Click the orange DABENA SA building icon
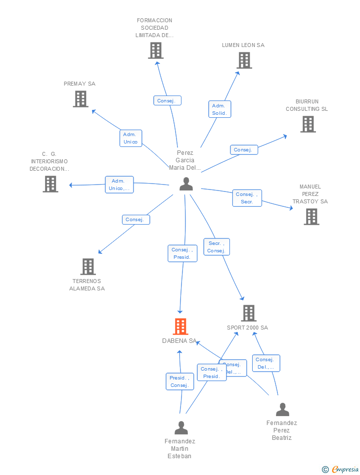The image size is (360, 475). (x=180, y=327)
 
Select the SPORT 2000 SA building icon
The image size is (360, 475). (x=248, y=313)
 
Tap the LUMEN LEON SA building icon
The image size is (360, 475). (x=244, y=60)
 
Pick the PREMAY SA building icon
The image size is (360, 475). (x=80, y=99)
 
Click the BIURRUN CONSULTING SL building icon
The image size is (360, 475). (x=308, y=124)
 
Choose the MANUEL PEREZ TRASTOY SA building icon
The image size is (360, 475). (x=311, y=216)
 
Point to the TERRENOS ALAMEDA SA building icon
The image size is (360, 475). (x=88, y=266)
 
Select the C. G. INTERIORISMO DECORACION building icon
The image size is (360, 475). (x=50, y=184)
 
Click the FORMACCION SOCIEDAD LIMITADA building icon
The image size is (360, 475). (x=155, y=50)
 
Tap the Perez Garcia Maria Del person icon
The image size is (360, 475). (x=186, y=184)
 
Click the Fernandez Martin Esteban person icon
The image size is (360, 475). (x=181, y=427)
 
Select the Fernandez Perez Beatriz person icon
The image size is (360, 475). (x=282, y=410)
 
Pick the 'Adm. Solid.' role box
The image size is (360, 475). (x=220, y=109)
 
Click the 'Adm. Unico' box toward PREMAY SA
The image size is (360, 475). (x=131, y=138)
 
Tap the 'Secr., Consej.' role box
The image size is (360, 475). (x=217, y=247)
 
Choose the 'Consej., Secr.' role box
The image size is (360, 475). (x=247, y=198)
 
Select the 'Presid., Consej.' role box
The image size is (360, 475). (x=180, y=381)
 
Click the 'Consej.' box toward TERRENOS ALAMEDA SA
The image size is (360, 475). (x=135, y=220)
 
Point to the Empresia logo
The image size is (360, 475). (x=341, y=469)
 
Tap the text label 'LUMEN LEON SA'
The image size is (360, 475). (x=243, y=45)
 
